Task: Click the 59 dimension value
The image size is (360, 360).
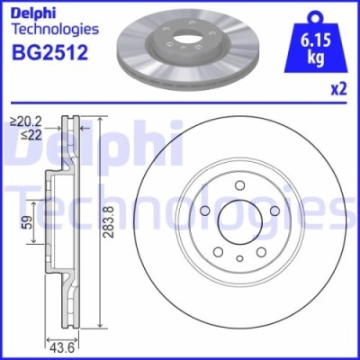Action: point(28,220)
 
